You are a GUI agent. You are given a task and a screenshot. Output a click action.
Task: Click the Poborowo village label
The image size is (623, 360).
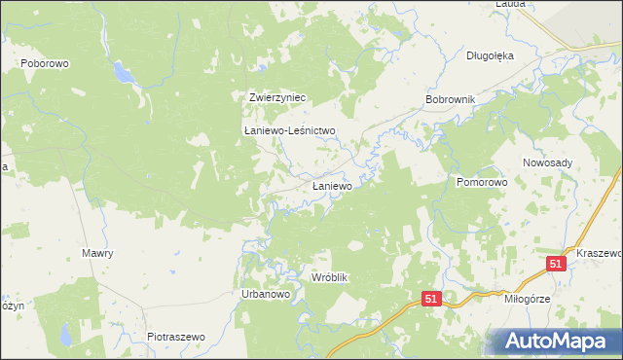pos(42,62)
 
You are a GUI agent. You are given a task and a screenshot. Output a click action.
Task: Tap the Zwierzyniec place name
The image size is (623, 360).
pos(277,97)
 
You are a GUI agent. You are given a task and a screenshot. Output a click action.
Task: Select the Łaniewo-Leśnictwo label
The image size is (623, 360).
pos(289,130)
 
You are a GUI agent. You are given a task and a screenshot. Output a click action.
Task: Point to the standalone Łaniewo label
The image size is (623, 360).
pos(331,184)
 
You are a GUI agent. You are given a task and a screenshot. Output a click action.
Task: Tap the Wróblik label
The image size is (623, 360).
pos(329,277)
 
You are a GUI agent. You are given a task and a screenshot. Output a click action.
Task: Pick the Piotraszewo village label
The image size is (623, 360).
pos(176,336)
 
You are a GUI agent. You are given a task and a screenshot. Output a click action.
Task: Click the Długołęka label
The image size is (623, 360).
pos(490,55)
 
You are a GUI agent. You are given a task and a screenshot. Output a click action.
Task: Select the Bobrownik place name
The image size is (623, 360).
pos(450,100)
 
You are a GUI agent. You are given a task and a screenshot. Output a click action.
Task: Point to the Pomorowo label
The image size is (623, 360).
pos(483,182)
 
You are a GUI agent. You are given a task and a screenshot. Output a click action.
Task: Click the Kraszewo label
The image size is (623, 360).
pos(598,252)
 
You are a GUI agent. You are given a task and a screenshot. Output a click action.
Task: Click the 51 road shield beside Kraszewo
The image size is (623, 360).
pos(556,264)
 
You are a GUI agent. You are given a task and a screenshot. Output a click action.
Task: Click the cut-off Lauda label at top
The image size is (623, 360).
pos(510,4)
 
